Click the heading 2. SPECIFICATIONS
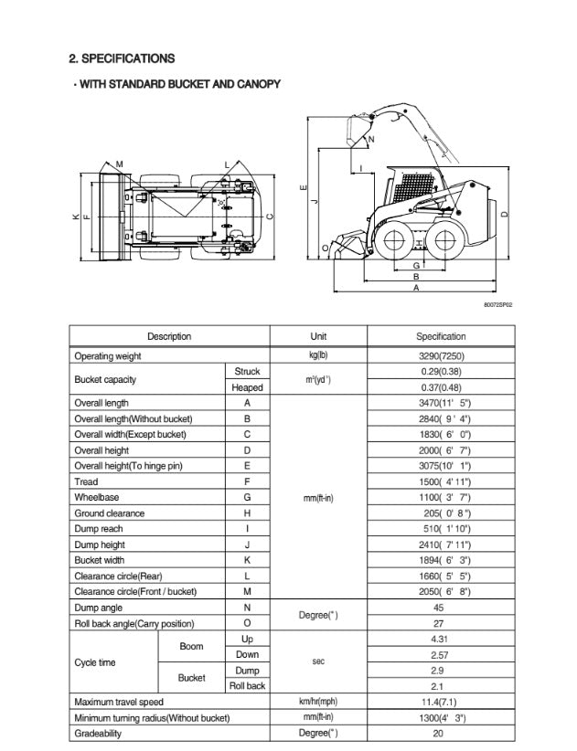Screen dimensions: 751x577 (122, 58)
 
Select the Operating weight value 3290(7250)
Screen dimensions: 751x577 (440, 356)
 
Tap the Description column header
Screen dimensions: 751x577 (169, 336)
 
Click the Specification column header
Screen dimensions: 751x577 (440, 336)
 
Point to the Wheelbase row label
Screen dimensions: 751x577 (96, 497)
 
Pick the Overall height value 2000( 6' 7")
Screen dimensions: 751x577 (440, 450)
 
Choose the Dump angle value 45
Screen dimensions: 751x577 (440, 608)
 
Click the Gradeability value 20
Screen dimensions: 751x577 (440, 734)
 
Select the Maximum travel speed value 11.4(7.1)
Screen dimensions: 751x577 (440, 702)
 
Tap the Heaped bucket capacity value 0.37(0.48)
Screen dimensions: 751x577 (440, 387)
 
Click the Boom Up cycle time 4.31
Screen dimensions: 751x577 (440, 639)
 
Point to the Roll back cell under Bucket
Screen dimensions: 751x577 (247, 686)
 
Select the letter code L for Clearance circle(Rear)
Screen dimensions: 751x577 (247, 576)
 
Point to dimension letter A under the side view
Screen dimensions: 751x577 (417, 287)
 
